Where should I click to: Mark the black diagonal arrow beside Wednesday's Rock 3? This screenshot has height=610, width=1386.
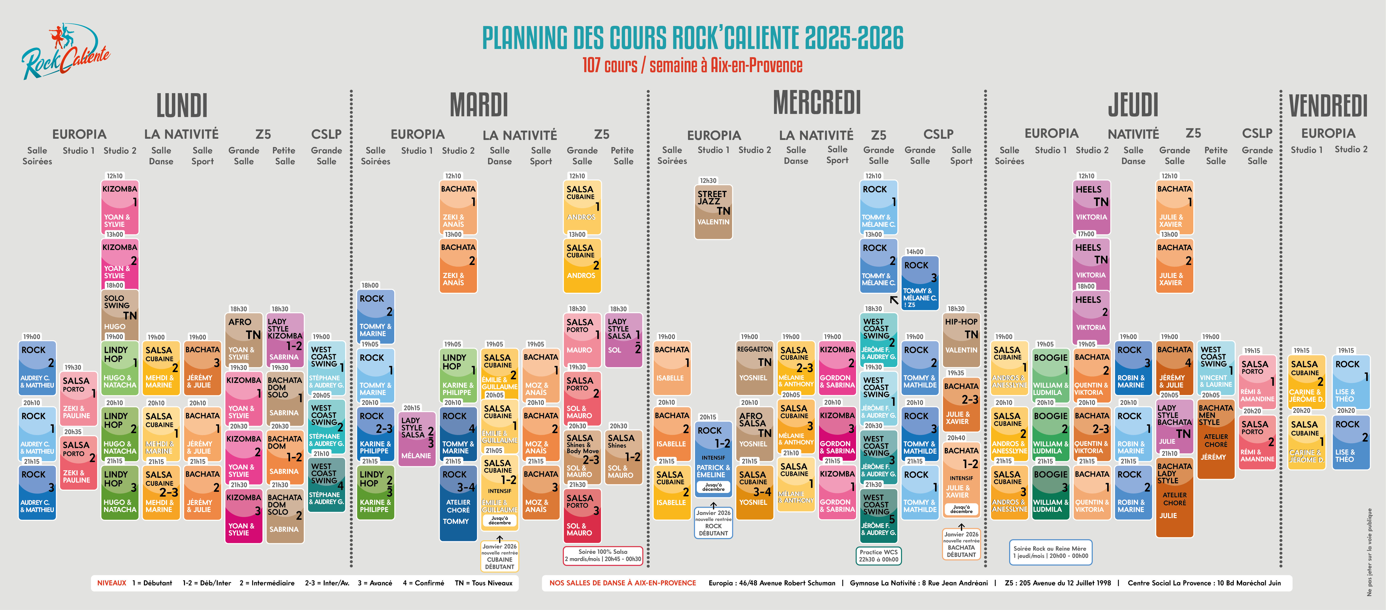point(894,300)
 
